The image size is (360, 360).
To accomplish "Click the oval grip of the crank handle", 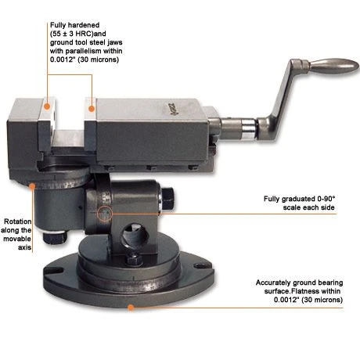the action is tap(333, 65).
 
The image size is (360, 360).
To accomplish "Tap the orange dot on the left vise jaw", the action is tap(47, 106).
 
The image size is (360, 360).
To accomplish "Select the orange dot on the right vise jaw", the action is tap(92, 109).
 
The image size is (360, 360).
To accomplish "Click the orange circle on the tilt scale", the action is tap(105, 214).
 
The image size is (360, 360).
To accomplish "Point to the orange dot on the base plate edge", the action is tap(131, 308).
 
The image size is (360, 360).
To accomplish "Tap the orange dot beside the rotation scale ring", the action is tap(32, 185).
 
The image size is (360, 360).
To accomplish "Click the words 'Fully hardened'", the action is tap(75, 25).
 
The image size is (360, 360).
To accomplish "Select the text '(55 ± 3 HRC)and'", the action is tap(78, 34).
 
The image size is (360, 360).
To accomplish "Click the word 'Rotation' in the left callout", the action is tap(18, 221).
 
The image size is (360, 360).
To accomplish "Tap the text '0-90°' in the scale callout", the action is tap(326, 199).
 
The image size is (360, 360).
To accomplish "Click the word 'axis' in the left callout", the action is tap(25, 247).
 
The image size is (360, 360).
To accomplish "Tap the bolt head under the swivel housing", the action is tap(55, 237).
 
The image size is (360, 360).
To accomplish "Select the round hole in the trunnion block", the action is tap(135, 235).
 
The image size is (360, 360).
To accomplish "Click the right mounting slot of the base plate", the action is tap(203, 265).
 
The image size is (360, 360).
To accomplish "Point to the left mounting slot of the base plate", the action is tap(52, 270).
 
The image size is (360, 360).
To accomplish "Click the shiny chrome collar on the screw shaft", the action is tap(248, 129).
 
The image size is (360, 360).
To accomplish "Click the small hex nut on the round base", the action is tap(135, 260).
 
